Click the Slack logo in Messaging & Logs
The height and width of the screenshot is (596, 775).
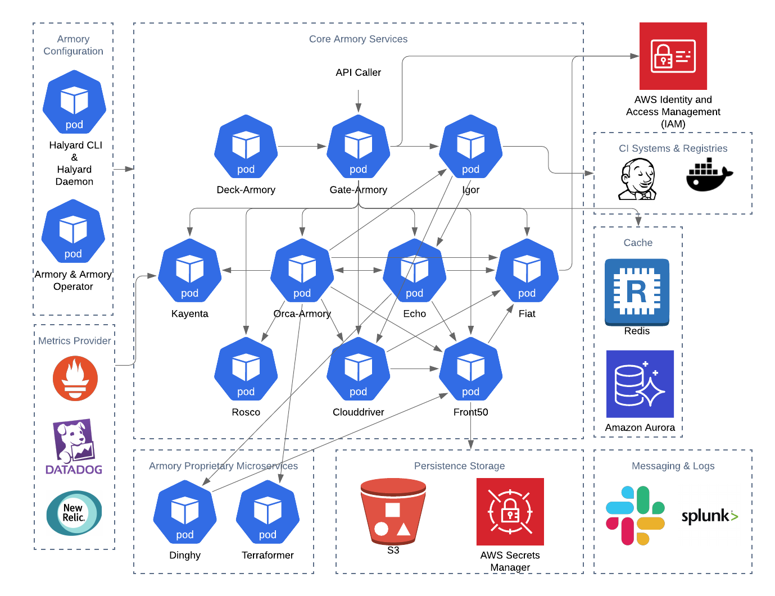coord(635,515)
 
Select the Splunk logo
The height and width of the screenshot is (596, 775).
coord(709,515)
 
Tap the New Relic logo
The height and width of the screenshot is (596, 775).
coord(74,513)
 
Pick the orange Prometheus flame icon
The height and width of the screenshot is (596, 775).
coord(75,379)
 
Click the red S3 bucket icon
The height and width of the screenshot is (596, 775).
coord(393,511)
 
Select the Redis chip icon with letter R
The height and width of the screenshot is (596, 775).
coord(637,292)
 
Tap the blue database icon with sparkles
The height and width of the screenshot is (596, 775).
coord(640,384)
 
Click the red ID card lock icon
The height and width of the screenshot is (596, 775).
coord(673,56)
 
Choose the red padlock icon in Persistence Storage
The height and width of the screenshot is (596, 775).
coord(510,512)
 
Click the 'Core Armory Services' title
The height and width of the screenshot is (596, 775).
coord(358,39)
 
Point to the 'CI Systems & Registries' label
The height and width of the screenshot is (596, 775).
coord(673,148)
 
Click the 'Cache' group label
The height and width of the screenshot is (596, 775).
coord(638,243)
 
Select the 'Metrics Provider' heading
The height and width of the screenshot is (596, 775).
coord(74,340)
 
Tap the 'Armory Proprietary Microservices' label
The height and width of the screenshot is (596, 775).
coord(223,466)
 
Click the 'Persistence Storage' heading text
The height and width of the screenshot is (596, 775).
coord(459,466)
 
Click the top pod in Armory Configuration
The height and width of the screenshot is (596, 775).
coord(74,102)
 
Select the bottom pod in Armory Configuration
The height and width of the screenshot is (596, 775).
coord(73,231)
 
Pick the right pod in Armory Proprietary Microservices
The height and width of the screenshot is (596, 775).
coord(268,512)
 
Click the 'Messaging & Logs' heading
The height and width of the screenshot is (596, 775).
coord(673,466)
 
